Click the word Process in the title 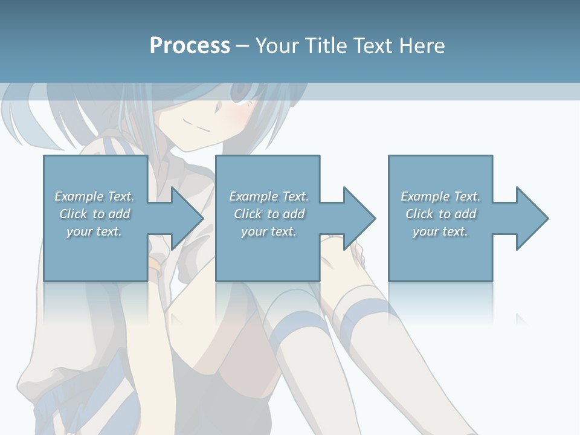click(190, 46)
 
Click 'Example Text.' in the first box click(94, 196)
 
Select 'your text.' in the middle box click(268, 231)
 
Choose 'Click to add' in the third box click(441, 214)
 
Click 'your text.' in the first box click(94, 231)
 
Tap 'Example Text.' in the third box click(440, 196)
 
